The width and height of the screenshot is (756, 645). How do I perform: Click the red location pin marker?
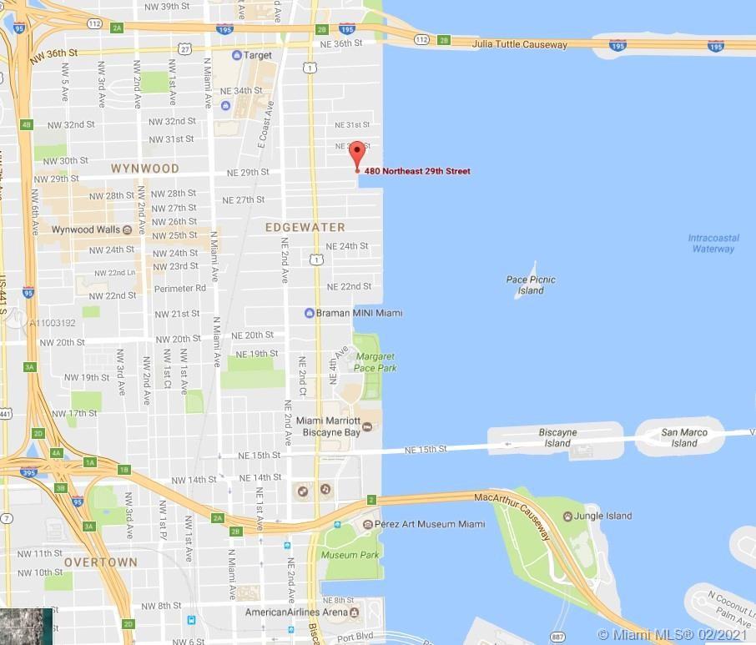coord(357,155)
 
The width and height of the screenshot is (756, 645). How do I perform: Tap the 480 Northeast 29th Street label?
coord(417,171)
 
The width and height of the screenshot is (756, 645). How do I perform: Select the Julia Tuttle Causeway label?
coord(519,44)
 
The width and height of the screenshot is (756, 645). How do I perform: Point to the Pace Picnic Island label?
coord(531,285)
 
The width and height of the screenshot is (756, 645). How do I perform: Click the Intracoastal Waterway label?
coord(713,243)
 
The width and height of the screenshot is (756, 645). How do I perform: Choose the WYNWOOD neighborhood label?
coord(145,169)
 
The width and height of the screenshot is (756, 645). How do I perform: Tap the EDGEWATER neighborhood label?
coord(305,227)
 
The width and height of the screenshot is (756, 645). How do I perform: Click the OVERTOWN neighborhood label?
coord(100,562)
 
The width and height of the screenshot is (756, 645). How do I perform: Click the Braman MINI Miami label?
coord(359,313)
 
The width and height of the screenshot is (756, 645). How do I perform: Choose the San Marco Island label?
coord(684,437)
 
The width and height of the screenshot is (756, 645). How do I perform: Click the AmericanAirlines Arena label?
coord(295,612)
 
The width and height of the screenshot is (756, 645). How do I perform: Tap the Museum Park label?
coord(350,555)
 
